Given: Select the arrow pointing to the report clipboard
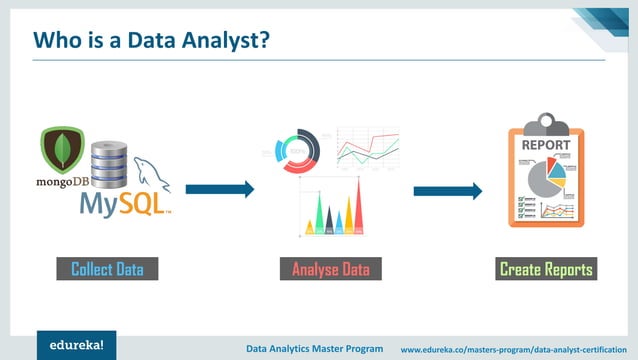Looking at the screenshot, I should pos(447,191).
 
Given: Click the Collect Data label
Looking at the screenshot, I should pos(107,269).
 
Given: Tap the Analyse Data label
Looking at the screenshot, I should pos(330,269).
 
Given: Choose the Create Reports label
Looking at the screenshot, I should pos(546,269).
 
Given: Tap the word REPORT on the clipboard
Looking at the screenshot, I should pos(546,144).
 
